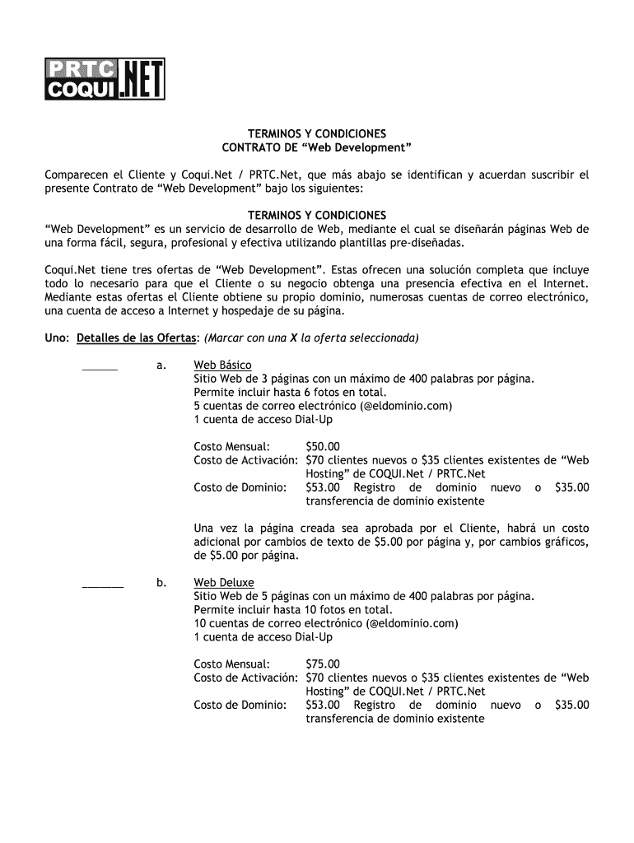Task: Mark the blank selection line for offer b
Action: click(x=103, y=585)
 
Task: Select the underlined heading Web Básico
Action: click(x=222, y=366)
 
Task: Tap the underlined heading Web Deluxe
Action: click(x=224, y=583)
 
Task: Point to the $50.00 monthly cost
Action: click(x=322, y=447)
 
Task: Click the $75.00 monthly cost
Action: click(x=322, y=664)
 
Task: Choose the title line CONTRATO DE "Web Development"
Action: click(x=317, y=147)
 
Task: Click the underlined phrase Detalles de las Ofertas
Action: click(x=137, y=338)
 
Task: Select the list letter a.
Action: click(x=161, y=366)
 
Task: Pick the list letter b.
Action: click(x=161, y=583)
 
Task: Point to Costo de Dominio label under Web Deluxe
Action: click(x=240, y=705)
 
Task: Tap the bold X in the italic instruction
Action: click(x=291, y=338)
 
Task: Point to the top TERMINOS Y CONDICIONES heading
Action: click(x=317, y=133)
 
